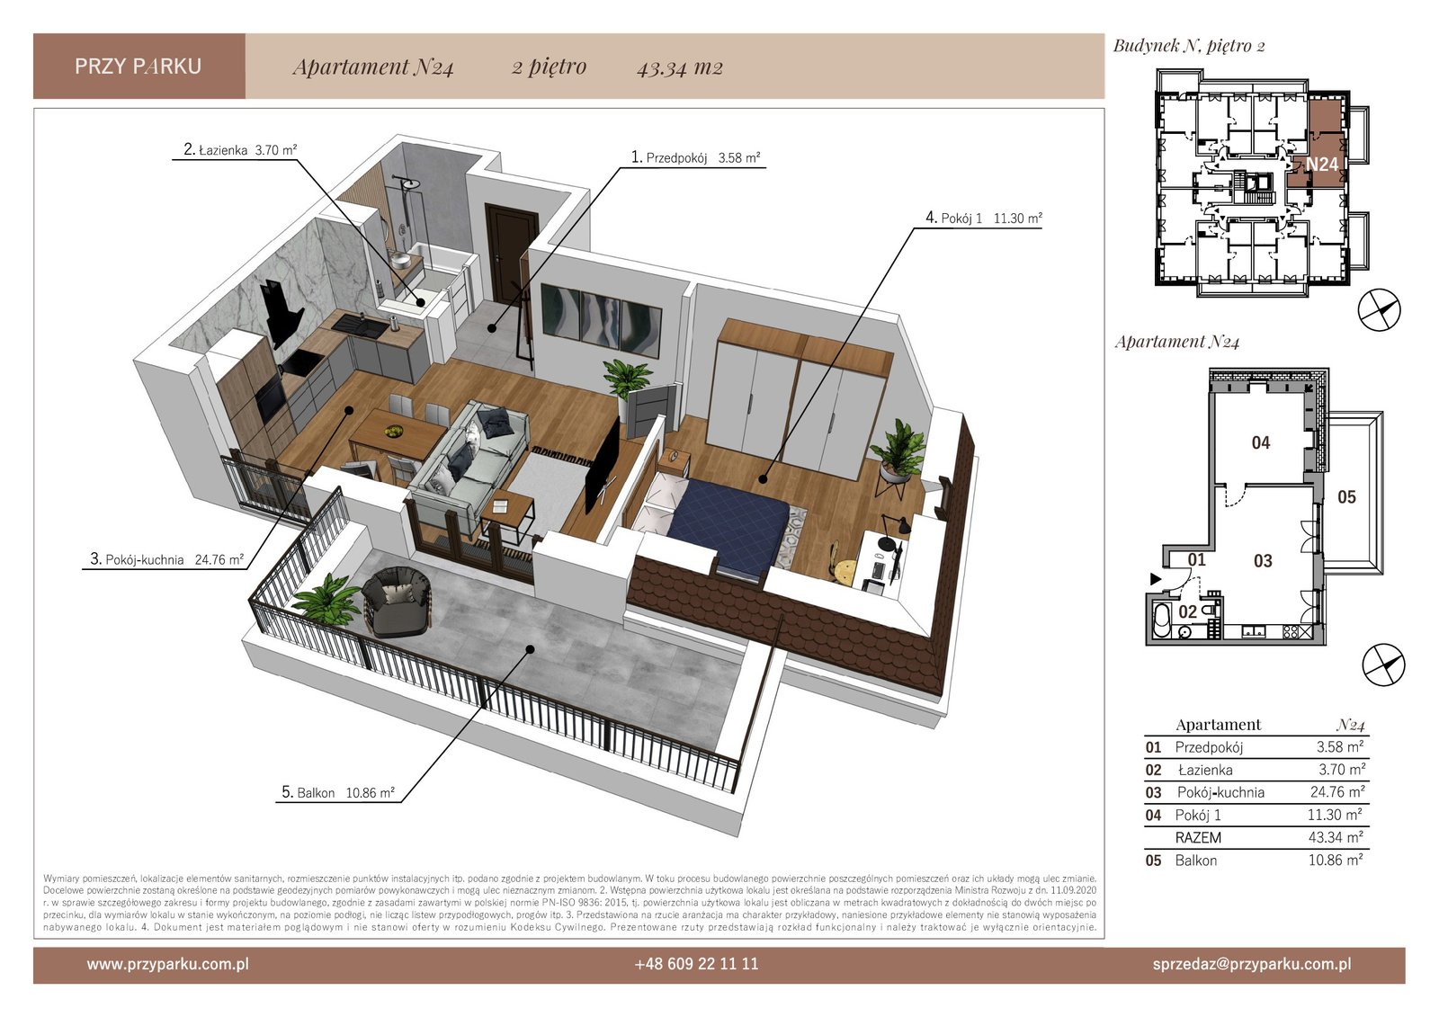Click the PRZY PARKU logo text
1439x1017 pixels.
[x=139, y=67]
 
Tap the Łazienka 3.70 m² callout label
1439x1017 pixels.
[x=239, y=149]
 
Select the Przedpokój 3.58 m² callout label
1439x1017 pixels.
[x=696, y=157]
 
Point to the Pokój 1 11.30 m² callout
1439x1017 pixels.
[x=984, y=218]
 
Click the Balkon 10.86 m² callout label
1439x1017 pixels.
[x=338, y=792]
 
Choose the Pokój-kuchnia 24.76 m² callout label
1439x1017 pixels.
[x=166, y=559]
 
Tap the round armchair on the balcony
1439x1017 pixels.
[x=397, y=602]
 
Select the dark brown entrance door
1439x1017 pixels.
[x=512, y=252]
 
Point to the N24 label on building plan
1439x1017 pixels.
[x=1322, y=165]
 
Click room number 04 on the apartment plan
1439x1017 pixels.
[x=1260, y=442]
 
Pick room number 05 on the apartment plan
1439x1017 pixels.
[x=1346, y=496]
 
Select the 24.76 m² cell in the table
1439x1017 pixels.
[x=1337, y=791]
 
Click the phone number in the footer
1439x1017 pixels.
[x=696, y=964]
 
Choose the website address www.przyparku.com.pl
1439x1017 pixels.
[x=167, y=964]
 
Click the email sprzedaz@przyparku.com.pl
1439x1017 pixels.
[x=1252, y=964]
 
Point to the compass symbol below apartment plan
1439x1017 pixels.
[x=1384, y=665]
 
